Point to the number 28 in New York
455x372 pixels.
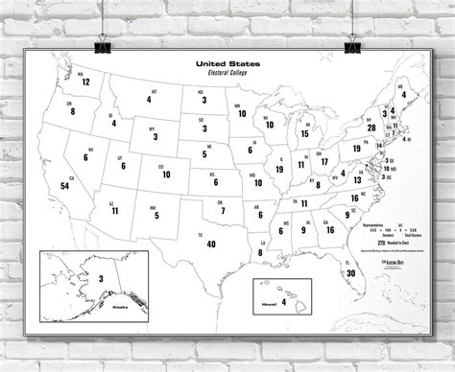click(371, 127)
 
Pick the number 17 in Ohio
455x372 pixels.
click(324, 160)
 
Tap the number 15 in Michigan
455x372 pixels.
click(304, 133)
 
